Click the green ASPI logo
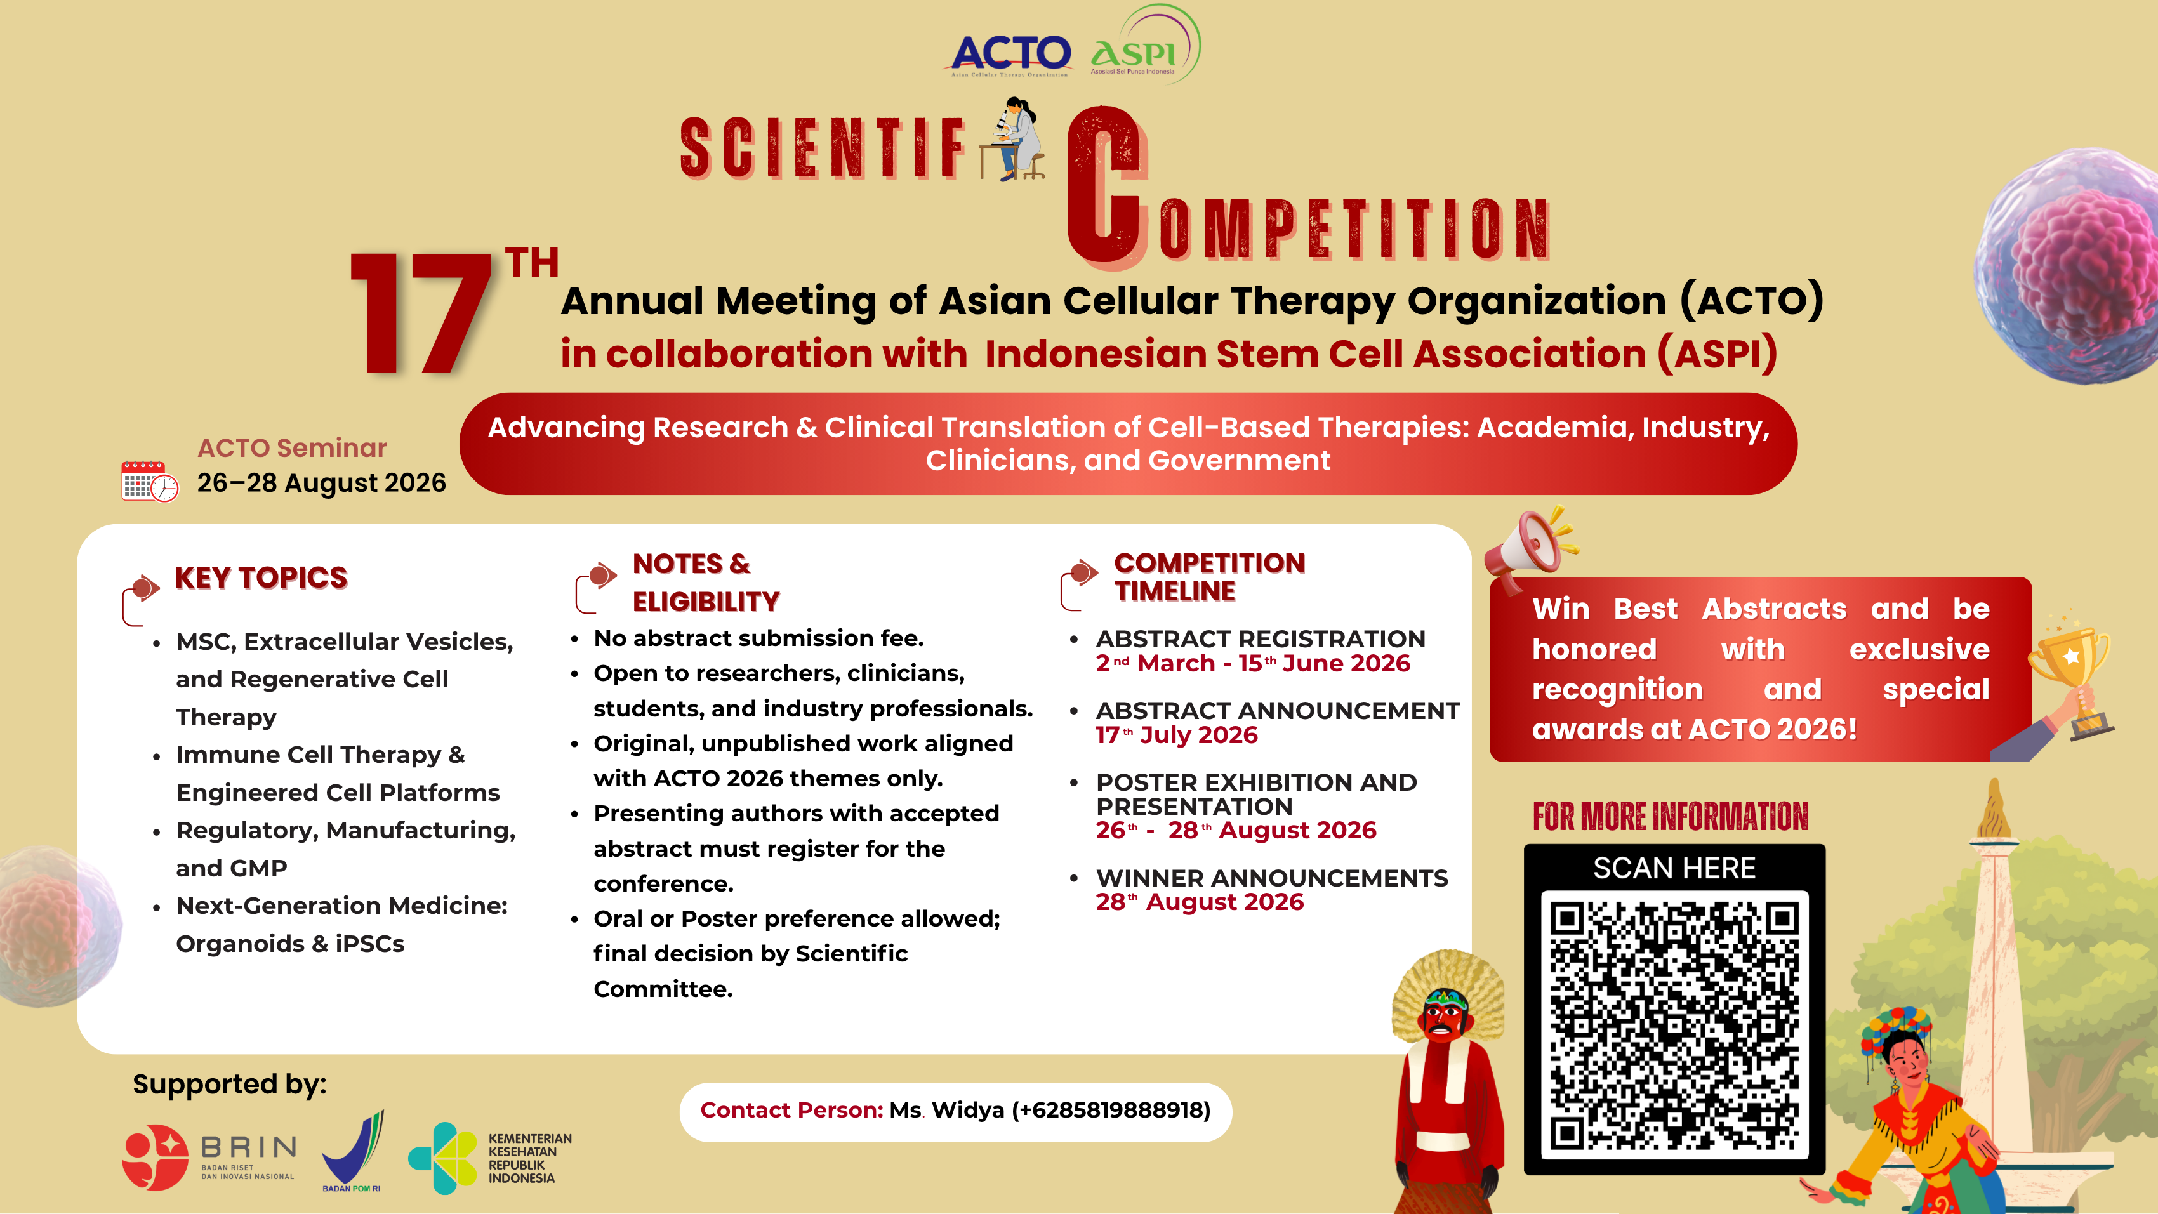pyautogui.click(x=1139, y=50)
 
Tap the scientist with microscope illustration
pyautogui.click(x=1014, y=139)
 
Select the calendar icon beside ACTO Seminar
pyautogui.click(x=149, y=481)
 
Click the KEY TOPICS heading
pyautogui.click(x=260, y=578)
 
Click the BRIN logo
pyautogui.click(x=209, y=1157)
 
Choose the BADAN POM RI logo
pyautogui.click(x=354, y=1151)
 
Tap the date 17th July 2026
pyautogui.click(x=1176, y=736)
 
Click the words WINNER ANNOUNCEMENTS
pyautogui.click(x=1272, y=878)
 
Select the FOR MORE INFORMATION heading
pyautogui.click(x=1671, y=817)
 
